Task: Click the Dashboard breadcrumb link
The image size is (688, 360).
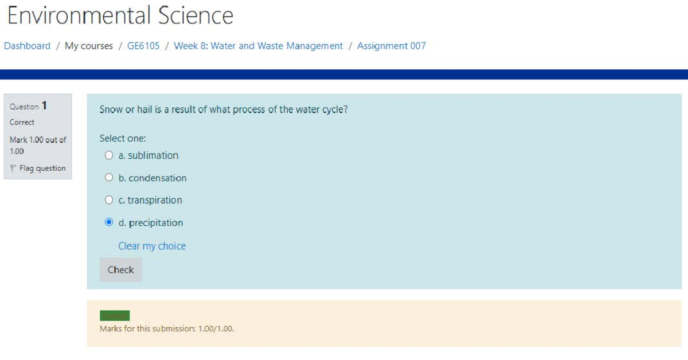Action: click(27, 46)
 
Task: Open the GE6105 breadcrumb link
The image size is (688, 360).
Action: click(143, 46)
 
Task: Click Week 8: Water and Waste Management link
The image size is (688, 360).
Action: click(258, 46)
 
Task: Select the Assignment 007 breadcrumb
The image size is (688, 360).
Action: click(391, 46)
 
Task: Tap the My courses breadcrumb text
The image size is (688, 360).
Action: click(89, 46)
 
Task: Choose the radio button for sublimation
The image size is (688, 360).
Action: click(109, 155)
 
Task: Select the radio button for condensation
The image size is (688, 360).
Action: click(109, 178)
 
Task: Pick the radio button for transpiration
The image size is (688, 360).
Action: click(109, 200)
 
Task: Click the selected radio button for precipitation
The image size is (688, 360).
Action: click(109, 222)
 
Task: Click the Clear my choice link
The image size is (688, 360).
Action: click(152, 246)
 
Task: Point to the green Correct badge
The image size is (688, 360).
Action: click(115, 316)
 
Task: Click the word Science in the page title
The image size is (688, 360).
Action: click(196, 15)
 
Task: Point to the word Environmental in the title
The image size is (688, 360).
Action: click(79, 15)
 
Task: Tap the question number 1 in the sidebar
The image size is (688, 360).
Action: click(45, 106)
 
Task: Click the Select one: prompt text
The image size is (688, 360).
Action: click(123, 138)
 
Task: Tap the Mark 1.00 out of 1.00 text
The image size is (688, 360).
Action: click(37, 145)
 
